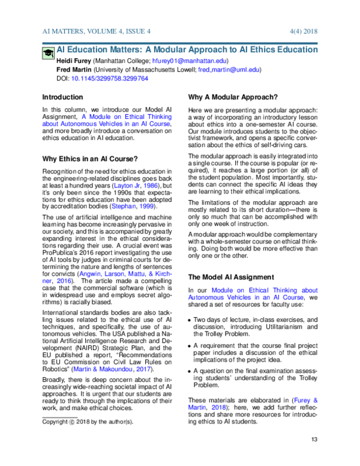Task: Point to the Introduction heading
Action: (62, 97)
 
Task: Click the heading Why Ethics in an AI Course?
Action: (90, 159)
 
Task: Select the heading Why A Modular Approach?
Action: (233, 97)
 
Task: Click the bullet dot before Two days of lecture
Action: (190, 321)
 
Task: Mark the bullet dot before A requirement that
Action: (190, 346)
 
